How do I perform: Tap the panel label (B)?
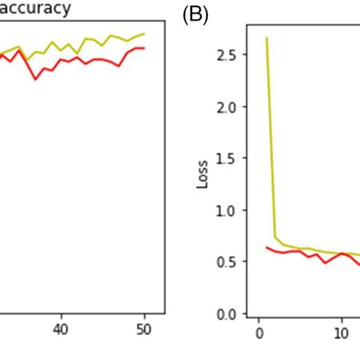(x=196, y=15)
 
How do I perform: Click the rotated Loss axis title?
(x=201, y=178)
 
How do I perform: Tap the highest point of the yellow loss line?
(x=267, y=37)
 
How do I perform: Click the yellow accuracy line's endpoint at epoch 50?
(x=144, y=33)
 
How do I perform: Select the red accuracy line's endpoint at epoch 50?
(x=144, y=49)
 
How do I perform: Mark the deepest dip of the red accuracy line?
(x=35, y=78)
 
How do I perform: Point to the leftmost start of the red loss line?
(x=267, y=247)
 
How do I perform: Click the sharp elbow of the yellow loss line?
(x=276, y=238)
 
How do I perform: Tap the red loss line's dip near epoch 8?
(x=325, y=263)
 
